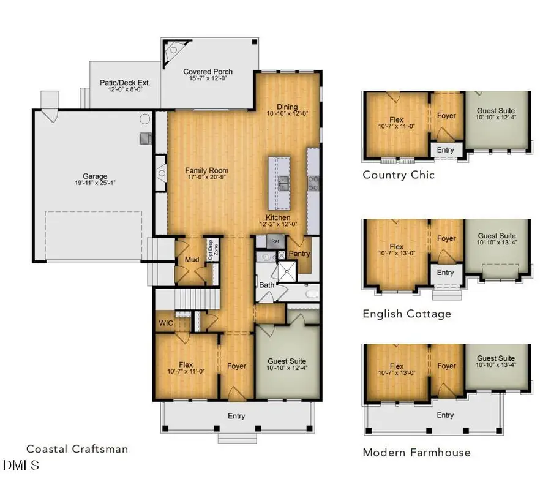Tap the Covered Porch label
[x=208, y=72]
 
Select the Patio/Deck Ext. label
[x=125, y=83]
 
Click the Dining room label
[x=287, y=106]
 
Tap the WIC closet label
[x=165, y=322]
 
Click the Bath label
[x=266, y=284]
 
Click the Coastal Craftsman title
[x=78, y=449]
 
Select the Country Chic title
[x=399, y=175]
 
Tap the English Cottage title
[x=407, y=314]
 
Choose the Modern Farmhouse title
[x=416, y=453]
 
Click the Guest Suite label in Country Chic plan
[x=497, y=112]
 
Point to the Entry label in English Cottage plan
[x=445, y=273]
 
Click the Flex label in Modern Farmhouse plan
[x=397, y=366]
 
